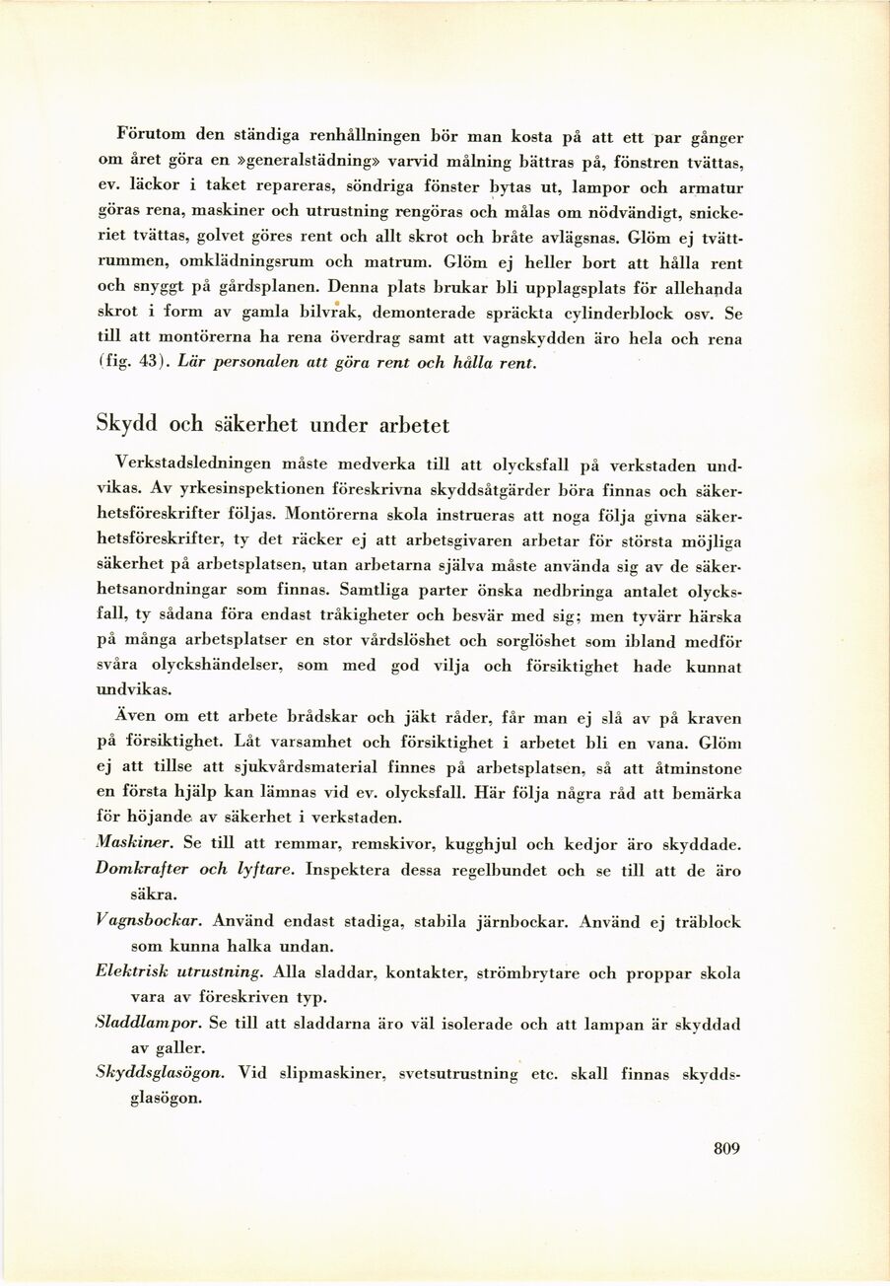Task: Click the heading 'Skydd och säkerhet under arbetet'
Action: (x=272, y=425)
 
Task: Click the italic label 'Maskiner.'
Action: (x=135, y=844)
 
